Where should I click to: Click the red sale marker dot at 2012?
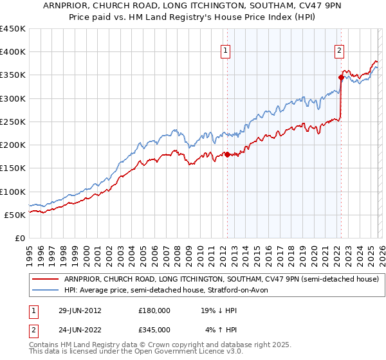click(x=227, y=154)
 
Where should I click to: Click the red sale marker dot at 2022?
click(x=340, y=77)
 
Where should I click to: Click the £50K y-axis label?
click(x=15, y=215)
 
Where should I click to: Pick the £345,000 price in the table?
click(x=154, y=329)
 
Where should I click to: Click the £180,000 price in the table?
click(x=154, y=310)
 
